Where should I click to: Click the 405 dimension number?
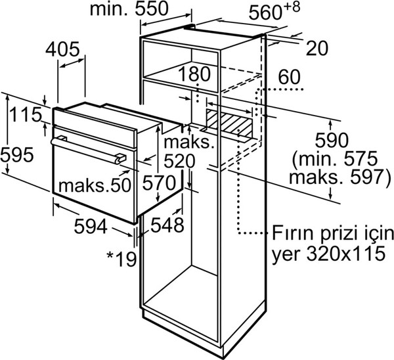pyautogui.click(x=62, y=49)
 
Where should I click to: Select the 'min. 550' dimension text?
pyautogui.click(x=129, y=9)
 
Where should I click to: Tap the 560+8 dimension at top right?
pyautogui.click(x=274, y=11)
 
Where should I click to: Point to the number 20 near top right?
pyautogui.click(x=317, y=48)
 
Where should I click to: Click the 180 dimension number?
pyautogui.click(x=194, y=74)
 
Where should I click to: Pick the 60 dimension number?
pyautogui.click(x=289, y=77)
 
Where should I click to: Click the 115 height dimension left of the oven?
pyautogui.click(x=26, y=114)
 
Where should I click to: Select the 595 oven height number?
pyautogui.click(x=17, y=154)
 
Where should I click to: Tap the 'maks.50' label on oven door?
pyautogui.click(x=95, y=185)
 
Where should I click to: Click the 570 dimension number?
pyautogui.click(x=159, y=183)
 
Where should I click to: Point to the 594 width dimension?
pyautogui.click(x=91, y=226)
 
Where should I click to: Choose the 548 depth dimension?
pyautogui.click(x=167, y=225)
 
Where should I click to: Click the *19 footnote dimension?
pyautogui.click(x=121, y=259)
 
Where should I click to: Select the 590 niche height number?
pyautogui.click(x=332, y=141)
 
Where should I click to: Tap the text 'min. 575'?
pyautogui.click(x=336, y=158)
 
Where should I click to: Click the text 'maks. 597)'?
pyautogui.click(x=340, y=177)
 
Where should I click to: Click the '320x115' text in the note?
pyautogui.click(x=346, y=253)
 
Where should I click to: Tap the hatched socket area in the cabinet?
pyautogui.click(x=229, y=123)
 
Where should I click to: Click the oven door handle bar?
pyautogui.click(x=88, y=150)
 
